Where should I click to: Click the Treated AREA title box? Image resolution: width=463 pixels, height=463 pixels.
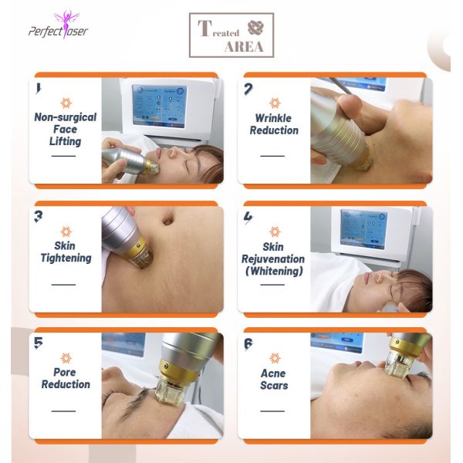coord(231,35)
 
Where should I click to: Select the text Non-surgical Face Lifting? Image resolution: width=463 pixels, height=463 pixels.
coord(66,130)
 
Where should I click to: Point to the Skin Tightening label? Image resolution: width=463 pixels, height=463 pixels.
coord(66,252)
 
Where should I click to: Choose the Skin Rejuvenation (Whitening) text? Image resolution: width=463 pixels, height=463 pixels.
coord(273,259)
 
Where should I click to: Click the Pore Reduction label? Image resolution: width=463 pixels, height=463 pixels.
coord(66,378)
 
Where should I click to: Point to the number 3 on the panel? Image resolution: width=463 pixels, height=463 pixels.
coord(38,216)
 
